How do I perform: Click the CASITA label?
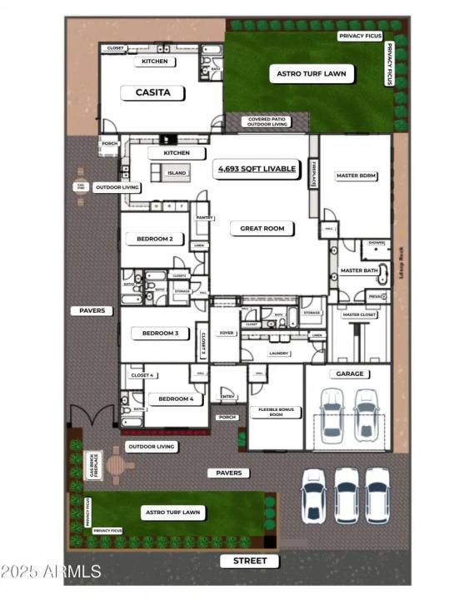(152, 92)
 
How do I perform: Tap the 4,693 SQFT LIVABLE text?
(257, 169)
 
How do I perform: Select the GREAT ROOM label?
(262, 227)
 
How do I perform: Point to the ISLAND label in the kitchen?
(177, 173)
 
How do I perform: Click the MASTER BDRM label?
(357, 176)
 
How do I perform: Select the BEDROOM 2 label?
(154, 239)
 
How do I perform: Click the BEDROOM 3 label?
(160, 333)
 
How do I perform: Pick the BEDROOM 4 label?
(176, 399)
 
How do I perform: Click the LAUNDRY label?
(278, 353)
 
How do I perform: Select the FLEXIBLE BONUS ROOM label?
(275, 412)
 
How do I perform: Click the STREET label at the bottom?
(250, 561)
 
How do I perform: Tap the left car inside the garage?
(331, 413)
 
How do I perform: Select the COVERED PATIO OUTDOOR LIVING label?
(267, 122)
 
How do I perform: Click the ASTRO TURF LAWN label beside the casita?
(311, 74)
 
